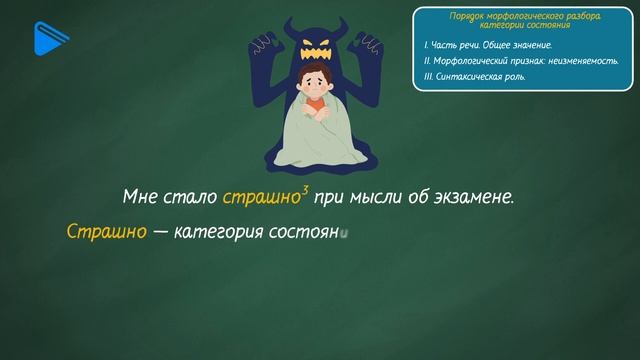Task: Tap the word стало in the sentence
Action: pyautogui.click(x=192, y=197)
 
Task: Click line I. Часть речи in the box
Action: pyautogui.click(x=488, y=45)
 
